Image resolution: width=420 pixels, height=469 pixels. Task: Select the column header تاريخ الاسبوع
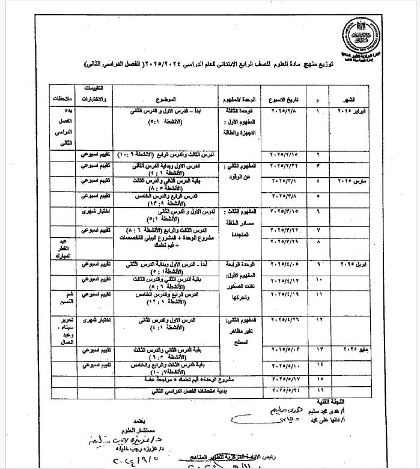[284, 97]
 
